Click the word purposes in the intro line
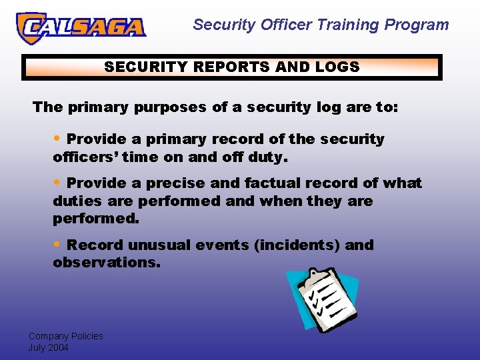coord(171,107)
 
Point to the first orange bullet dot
coord(58,139)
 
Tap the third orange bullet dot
coord(58,245)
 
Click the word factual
coord(273,183)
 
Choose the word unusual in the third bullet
coord(159,245)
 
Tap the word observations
coord(107,263)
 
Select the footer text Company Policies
coord(65,336)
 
